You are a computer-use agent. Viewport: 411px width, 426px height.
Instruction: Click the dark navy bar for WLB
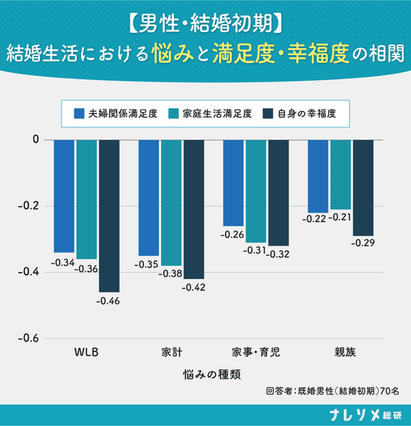(109, 216)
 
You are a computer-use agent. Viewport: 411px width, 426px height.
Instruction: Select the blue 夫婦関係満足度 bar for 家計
(149, 198)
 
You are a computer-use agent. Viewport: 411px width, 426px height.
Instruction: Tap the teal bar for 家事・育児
(256, 192)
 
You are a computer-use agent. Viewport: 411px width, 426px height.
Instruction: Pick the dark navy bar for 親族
(363, 188)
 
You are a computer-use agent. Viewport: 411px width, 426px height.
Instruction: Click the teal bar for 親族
(340, 175)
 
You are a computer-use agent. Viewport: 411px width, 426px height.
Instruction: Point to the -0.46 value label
(108, 301)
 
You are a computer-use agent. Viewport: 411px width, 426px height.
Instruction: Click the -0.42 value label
(193, 287)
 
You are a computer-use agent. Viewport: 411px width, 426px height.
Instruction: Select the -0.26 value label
(232, 234)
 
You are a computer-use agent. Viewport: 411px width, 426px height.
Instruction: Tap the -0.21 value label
(340, 218)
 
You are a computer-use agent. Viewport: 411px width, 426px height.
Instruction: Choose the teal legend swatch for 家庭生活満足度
(173, 113)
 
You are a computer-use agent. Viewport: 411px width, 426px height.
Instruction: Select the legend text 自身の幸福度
(307, 113)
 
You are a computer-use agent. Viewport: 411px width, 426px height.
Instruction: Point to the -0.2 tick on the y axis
(29, 205)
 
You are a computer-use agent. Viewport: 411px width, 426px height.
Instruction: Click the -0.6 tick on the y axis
(29, 338)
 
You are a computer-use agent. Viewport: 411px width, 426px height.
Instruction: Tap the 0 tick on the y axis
(36, 139)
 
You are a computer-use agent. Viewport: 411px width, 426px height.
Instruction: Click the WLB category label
(86, 352)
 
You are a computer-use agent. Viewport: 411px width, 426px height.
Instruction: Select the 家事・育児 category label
(256, 352)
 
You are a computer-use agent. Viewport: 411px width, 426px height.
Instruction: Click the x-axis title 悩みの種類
(212, 375)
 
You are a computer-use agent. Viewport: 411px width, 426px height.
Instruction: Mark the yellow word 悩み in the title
(173, 54)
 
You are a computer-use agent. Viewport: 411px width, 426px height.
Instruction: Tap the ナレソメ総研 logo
(366, 415)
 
